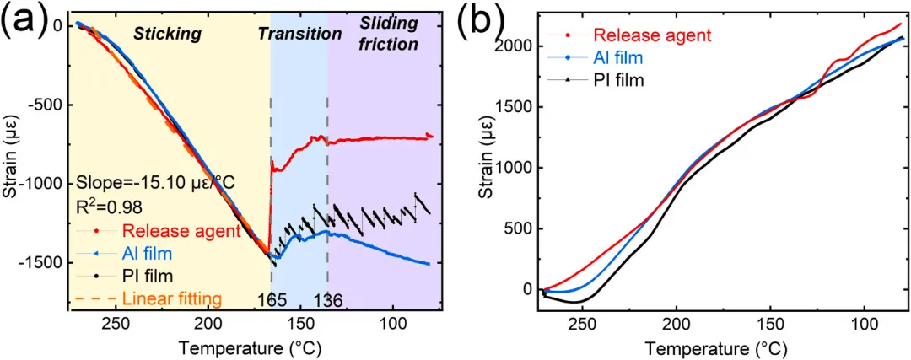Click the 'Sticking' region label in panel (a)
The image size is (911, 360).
[167, 34]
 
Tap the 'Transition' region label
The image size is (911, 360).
[299, 34]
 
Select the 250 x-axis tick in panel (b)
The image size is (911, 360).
[585, 325]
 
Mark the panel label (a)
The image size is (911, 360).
[23, 23]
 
